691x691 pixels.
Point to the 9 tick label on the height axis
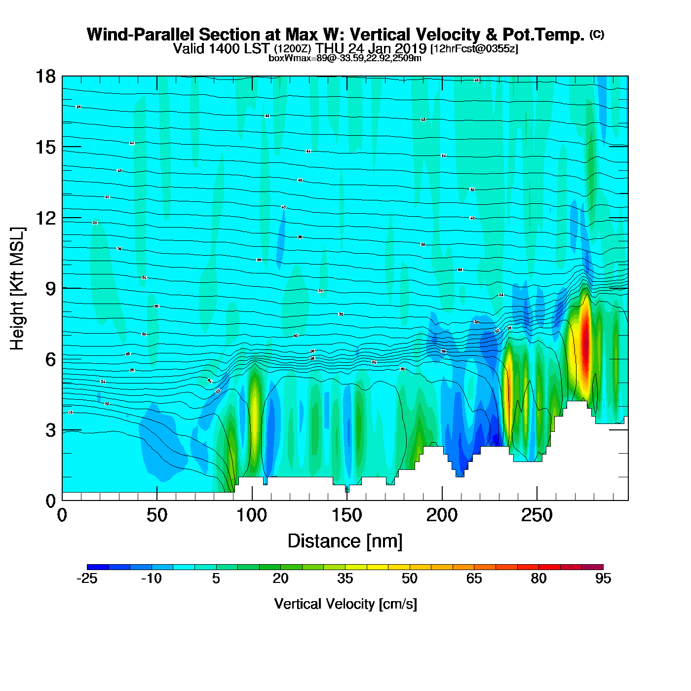(50, 289)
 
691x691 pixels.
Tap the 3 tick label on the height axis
(50, 430)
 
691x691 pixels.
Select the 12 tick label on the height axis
(45, 218)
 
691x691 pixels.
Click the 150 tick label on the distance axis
(346, 516)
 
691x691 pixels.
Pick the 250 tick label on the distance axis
(537, 516)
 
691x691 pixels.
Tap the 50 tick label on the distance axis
(156, 516)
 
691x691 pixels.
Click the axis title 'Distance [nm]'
(345, 541)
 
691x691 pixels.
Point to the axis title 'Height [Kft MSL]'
(17, 289)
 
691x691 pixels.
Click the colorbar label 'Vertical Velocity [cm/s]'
(345, 604)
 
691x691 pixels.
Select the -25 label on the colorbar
(87, 578)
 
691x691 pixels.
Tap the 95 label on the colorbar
(603, 578)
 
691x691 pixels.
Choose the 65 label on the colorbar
(474, 578)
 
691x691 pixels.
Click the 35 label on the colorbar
(345, 578)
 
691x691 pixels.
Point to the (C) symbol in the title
(597, 34)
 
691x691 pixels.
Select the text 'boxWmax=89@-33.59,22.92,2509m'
(345, 58)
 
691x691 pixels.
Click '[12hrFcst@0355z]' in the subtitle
(474, 49)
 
